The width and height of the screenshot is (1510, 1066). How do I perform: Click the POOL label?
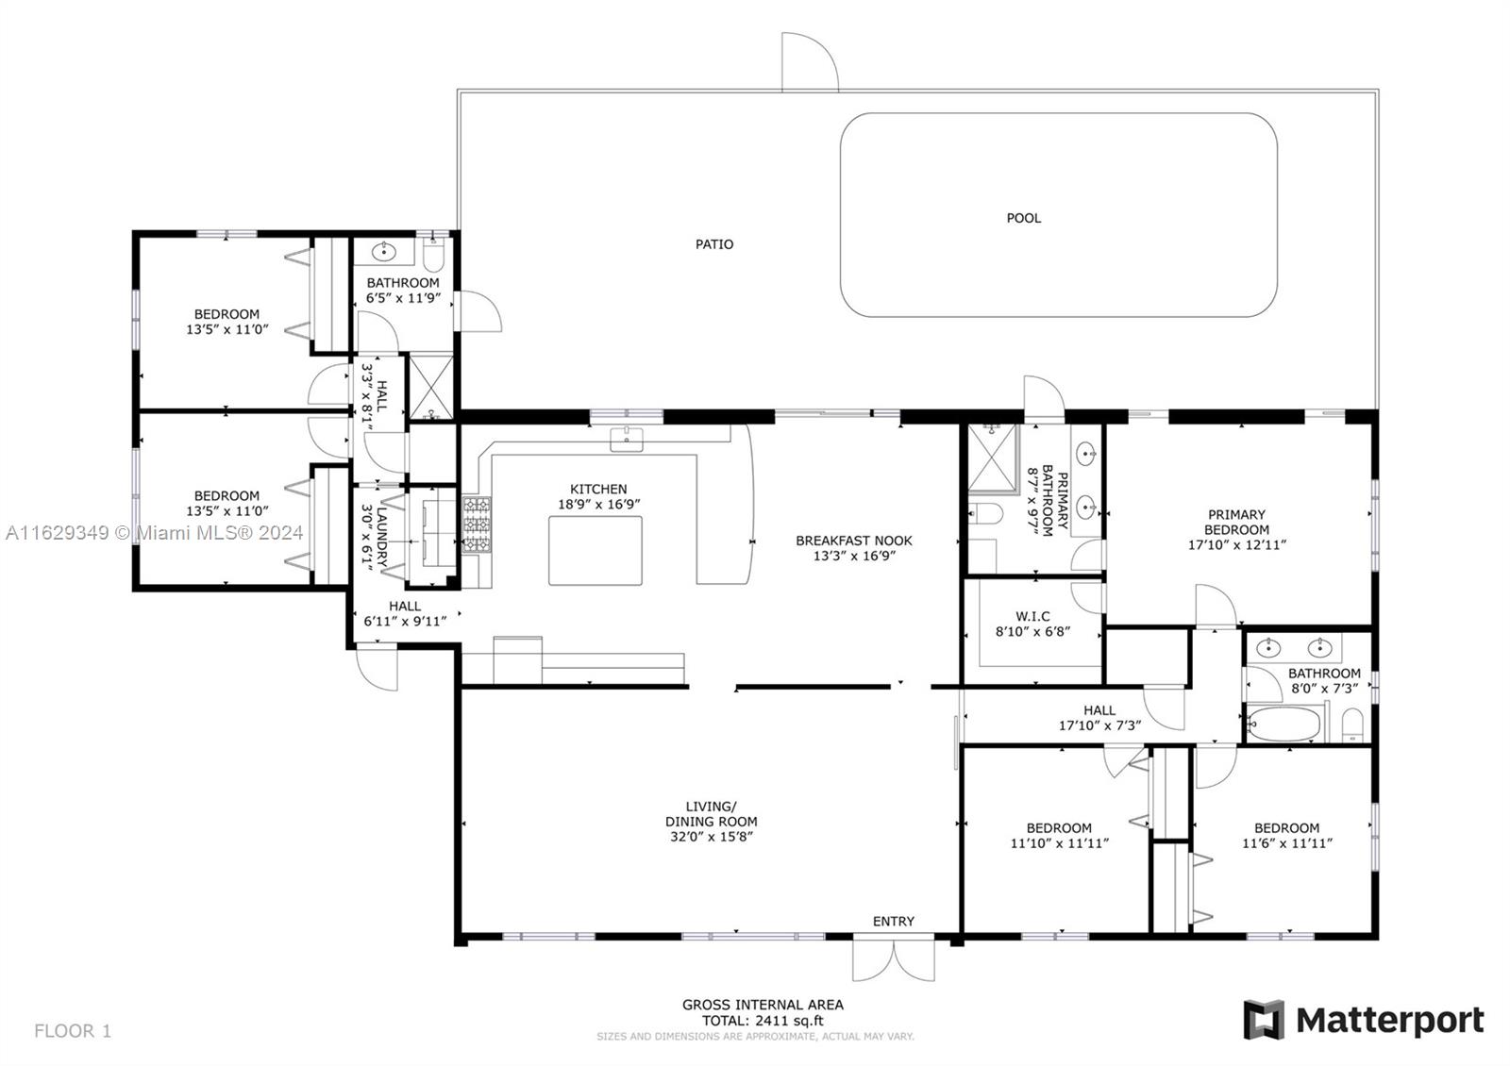click(x=1023, y=218)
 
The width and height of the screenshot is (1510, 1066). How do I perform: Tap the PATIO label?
click(x=714, y=244)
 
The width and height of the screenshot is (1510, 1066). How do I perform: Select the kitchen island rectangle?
click(x=596, y=551)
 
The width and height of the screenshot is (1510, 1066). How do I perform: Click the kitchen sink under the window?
click(x=627, y=440)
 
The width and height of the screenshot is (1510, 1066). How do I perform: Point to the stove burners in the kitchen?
click(x=477, y=525)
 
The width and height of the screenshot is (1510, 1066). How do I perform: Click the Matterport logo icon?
click(x=1264, y=1020)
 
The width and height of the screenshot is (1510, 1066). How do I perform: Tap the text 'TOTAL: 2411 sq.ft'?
click(x=763, y=1021)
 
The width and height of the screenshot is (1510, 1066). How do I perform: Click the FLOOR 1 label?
click(x=73, y=1031)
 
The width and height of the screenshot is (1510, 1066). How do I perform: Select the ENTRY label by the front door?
click(x=894, y=922)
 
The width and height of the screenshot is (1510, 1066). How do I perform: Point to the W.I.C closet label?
click(x=1032, y=617)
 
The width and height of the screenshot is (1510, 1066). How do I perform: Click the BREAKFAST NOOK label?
click(x=854, y=541)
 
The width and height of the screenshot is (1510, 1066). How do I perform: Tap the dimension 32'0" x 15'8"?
click(x=712, y=837)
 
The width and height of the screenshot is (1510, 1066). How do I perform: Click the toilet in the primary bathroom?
click(x=985, y=513)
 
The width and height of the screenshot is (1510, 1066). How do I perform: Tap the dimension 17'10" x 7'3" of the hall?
click(x=1099, y=725)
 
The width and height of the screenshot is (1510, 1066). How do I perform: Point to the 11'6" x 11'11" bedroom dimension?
click(x=1287, y=843)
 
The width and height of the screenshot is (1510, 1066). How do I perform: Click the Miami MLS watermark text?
click(x=155, y=533)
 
